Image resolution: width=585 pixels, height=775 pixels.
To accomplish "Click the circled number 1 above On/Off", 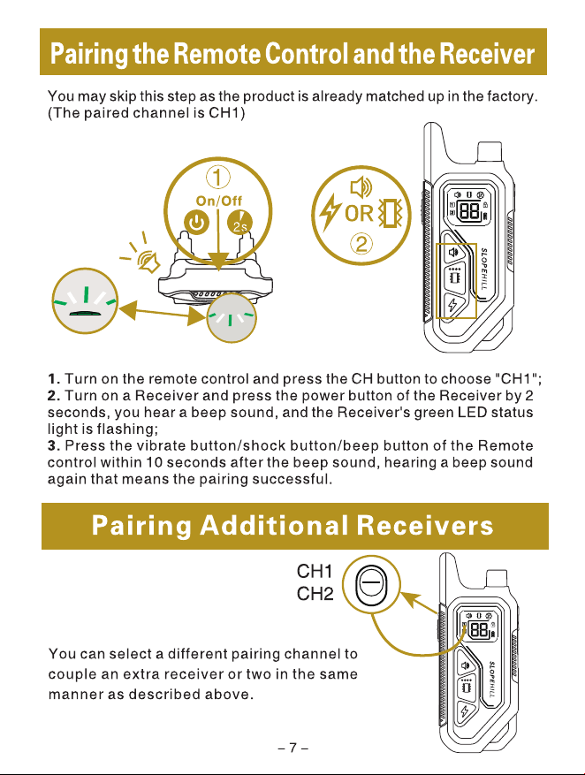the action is coord(218,178).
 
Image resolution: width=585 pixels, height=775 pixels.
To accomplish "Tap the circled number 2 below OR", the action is coord(361,244).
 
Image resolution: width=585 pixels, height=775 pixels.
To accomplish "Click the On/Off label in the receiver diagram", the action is coord(219,201).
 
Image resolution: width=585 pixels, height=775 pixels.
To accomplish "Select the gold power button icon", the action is coord(197,223).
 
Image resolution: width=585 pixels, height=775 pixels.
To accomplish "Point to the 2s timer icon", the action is coord(239,223).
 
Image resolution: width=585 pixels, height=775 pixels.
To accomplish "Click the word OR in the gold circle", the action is coord(359,214).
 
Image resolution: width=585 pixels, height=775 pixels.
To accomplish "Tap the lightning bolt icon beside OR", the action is coord(330,213).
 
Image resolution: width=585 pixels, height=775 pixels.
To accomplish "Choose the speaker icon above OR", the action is coord(361,187).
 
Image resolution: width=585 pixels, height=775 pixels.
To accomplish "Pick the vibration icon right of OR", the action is coord(390,214).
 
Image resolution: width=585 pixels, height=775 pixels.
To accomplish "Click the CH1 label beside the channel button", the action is coord(315,572).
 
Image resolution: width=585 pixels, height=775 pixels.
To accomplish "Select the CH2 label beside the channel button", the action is coord(315,593).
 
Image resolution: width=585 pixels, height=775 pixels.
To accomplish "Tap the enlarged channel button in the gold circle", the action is coord(371,584).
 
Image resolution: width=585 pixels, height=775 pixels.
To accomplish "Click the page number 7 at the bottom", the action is coord(293,748).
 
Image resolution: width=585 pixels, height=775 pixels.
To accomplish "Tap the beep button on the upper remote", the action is coord(453,252).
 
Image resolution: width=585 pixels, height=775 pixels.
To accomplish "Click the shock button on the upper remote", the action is coord(452,306).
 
